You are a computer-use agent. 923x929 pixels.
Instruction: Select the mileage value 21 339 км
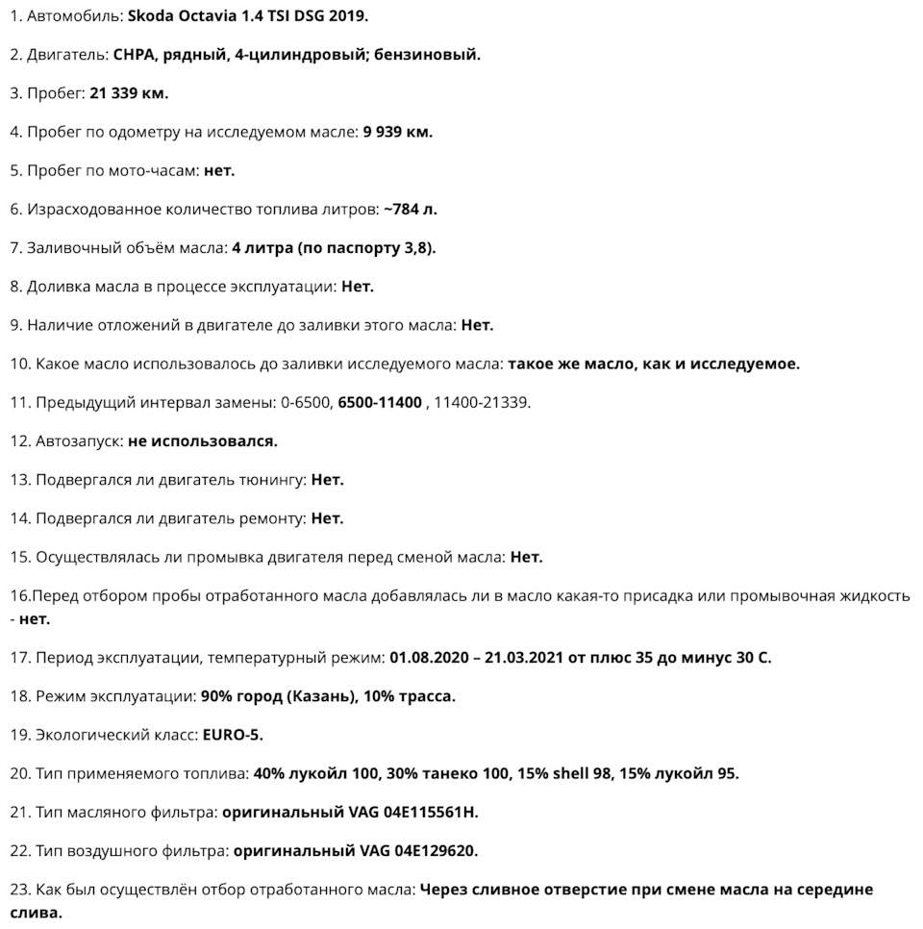pos(129,93)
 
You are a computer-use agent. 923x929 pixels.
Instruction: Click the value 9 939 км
pos(397,132)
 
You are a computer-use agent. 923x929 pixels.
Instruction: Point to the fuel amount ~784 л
pos(410,209)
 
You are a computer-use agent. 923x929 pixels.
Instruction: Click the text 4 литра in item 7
pos(262,248)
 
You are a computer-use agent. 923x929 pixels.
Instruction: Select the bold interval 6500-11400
pos(379,402)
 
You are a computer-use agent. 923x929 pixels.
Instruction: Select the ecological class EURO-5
pos(233,735)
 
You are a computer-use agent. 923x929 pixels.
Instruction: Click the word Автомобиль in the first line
pos(73,16)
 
